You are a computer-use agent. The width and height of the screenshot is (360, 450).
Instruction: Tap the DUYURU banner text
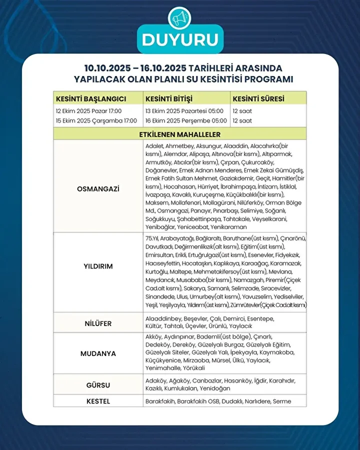coord(180,39)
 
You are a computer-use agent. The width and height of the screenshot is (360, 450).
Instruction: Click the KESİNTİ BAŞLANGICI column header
coord(91,98)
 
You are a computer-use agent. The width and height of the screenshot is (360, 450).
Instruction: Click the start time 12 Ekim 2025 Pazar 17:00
coord(89,111)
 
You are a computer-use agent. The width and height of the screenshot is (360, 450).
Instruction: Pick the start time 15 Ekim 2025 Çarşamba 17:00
coord(96,121)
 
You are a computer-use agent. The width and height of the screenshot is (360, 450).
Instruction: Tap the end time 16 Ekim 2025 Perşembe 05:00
coord(186,121)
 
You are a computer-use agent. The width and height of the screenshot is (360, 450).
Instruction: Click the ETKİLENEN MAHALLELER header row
coord(180,134)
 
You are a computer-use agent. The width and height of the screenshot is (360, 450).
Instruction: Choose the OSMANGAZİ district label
coord(98,189)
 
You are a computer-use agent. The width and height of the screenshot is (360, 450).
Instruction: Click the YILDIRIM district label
coord(98,266)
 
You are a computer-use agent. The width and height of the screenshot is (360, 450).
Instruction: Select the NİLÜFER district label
coord(98,323)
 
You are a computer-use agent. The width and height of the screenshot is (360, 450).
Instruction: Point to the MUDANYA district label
coord(98,353)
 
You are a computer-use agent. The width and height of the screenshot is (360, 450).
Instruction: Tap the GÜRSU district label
coord(98,385)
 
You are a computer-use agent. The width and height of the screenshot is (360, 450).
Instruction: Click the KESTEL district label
coord(98,401)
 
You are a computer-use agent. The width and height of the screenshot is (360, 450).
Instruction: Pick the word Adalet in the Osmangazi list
coord(154,145)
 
